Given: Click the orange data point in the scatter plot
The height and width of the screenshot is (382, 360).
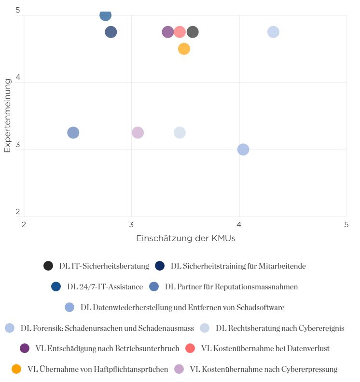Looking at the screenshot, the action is pyautogui.click(x=184, y=49).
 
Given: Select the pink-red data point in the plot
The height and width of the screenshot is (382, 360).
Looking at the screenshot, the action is pyautogui.click(x=180, y=32).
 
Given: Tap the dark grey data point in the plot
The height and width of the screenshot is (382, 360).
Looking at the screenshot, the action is pyautogui.click(x=193, y=32).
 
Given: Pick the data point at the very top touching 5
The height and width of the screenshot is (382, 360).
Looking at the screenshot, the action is pyautogui.click(x=106, y=15).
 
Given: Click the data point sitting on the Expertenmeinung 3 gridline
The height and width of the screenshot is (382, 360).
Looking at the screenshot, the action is pyautogui.click(x=243, y=150).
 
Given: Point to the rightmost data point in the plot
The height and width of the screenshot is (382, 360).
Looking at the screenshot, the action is pyautogui.click(x=273, y=32).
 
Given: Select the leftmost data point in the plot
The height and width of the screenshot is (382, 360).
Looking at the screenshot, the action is pyautogui.click(x=73, y=133).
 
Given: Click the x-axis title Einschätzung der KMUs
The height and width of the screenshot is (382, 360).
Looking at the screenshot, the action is pyautogui.click(x=186, y=238).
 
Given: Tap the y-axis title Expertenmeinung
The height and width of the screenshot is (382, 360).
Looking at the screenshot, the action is pyautogui.click(x=8, y=115).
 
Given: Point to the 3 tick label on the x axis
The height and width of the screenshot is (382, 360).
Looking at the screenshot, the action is pyautogui.click(x=131, y=224).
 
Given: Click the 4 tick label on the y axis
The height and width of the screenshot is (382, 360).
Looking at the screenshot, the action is pyautogui.click(x=17, y=77).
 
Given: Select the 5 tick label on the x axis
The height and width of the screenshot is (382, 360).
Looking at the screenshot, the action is pyautogui.click(x=346, y=224).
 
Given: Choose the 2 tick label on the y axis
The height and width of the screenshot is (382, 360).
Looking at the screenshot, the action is pyautogui.click(x=17, y=211).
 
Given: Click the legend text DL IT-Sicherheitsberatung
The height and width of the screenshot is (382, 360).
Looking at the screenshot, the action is pyautogui.click(x=104, y=266).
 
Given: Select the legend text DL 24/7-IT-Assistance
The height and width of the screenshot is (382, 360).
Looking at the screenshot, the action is pyautogui.click(x=105, y=286).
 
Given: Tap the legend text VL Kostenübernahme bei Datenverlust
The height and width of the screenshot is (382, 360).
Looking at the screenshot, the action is pyautogui.click(x=265, y=348).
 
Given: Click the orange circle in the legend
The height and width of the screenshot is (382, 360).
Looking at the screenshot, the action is pyautogui.click(x=16, y=369).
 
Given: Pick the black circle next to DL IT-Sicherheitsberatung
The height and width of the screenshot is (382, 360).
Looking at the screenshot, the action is pyautogui.click(x=48, y=266).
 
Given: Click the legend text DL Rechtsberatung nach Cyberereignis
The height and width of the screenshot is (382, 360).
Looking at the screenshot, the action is pyautogui.click(x=280, y=328).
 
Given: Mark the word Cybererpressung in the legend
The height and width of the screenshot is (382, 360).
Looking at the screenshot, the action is pyautogui.click(x=309, y=369).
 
